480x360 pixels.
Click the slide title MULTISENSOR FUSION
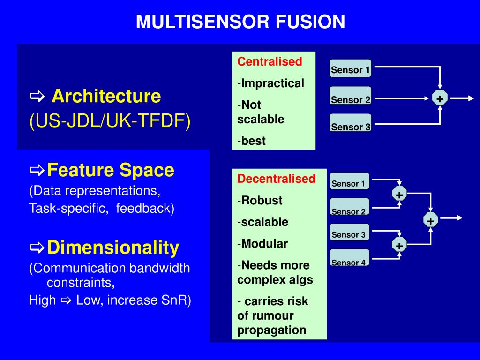coord(240,22)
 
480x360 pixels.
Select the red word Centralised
coord(270,62)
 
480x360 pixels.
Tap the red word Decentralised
coord(276,179)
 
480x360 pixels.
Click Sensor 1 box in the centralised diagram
coord(350,70)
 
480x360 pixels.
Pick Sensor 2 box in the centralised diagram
coord(350,99)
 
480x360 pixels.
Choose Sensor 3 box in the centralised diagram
coord(350,126)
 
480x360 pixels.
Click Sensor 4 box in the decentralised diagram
coord(349,262)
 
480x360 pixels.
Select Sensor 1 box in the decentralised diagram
coord(349,183)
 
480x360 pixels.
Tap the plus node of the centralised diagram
coord(440,98)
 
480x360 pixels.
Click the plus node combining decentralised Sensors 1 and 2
coord(399,195)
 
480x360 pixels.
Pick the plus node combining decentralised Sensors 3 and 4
coord(399,245)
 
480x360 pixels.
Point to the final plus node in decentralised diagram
coord(430,220)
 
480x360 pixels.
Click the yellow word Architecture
coord(106,97)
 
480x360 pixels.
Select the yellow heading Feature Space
coord(111,170)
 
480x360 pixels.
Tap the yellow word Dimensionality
coord(113,247)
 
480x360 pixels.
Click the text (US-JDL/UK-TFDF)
coord(110,122)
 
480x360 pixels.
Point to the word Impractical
coord(273,83)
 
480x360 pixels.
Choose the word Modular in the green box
coord(264,244)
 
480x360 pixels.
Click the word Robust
coord(262,201)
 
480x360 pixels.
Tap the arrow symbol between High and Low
coord(66,300)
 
